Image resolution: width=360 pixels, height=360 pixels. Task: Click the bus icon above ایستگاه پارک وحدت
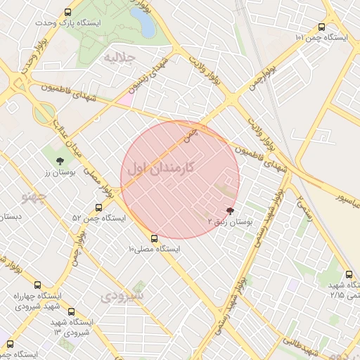coord(67,12)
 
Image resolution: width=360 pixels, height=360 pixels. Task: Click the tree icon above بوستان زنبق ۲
coord(230,210)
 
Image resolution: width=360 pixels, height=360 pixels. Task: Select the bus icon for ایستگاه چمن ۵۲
coord(98,207)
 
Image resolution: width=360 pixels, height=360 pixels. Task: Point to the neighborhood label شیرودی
coord(122,295)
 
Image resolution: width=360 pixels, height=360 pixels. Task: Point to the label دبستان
coord(13,217)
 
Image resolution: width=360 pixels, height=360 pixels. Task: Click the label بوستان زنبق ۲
coord(229,221)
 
